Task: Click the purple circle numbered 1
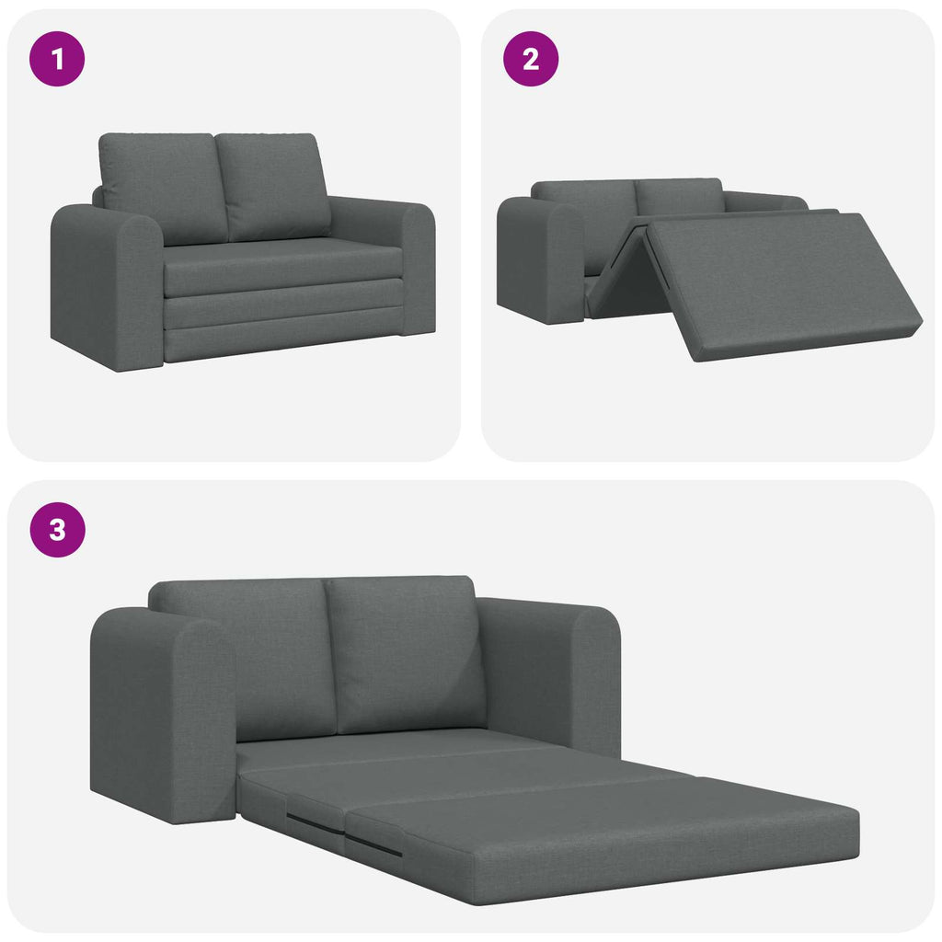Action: coord(58,60)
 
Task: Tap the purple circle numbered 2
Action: coord(531,60)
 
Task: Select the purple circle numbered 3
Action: coord(58,530)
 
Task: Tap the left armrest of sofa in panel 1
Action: coord(106,285)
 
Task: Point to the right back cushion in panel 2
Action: coord(679,196)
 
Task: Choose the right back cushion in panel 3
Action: coord(405,653)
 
